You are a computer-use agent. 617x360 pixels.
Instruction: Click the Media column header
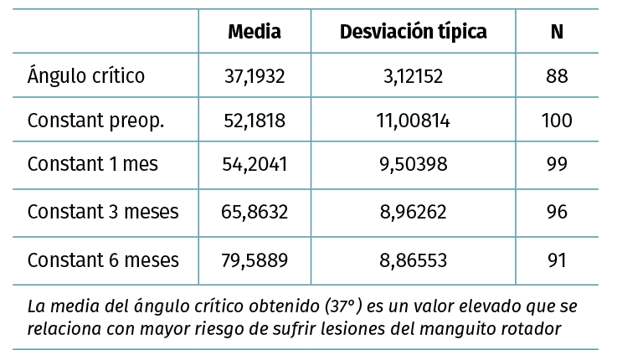tap(255, 32)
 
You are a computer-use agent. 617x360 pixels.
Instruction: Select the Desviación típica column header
tap(414, 32)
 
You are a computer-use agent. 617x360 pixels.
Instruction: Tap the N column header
tap(557, 32)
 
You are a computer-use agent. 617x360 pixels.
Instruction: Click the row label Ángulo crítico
tap(86, 76)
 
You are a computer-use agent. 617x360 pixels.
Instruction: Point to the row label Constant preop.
tap(96, 121)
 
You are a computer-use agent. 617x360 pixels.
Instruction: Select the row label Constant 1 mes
tap(93, 165)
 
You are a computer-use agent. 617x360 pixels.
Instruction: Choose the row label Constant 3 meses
tap(103, 211)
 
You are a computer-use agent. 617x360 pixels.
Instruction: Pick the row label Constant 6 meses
tap(103, 260)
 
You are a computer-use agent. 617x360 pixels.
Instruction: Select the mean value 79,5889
tap(255, 260)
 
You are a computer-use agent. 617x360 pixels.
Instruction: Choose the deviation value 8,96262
tap(414, 212)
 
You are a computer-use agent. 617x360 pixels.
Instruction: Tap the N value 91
tap(557, 260)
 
